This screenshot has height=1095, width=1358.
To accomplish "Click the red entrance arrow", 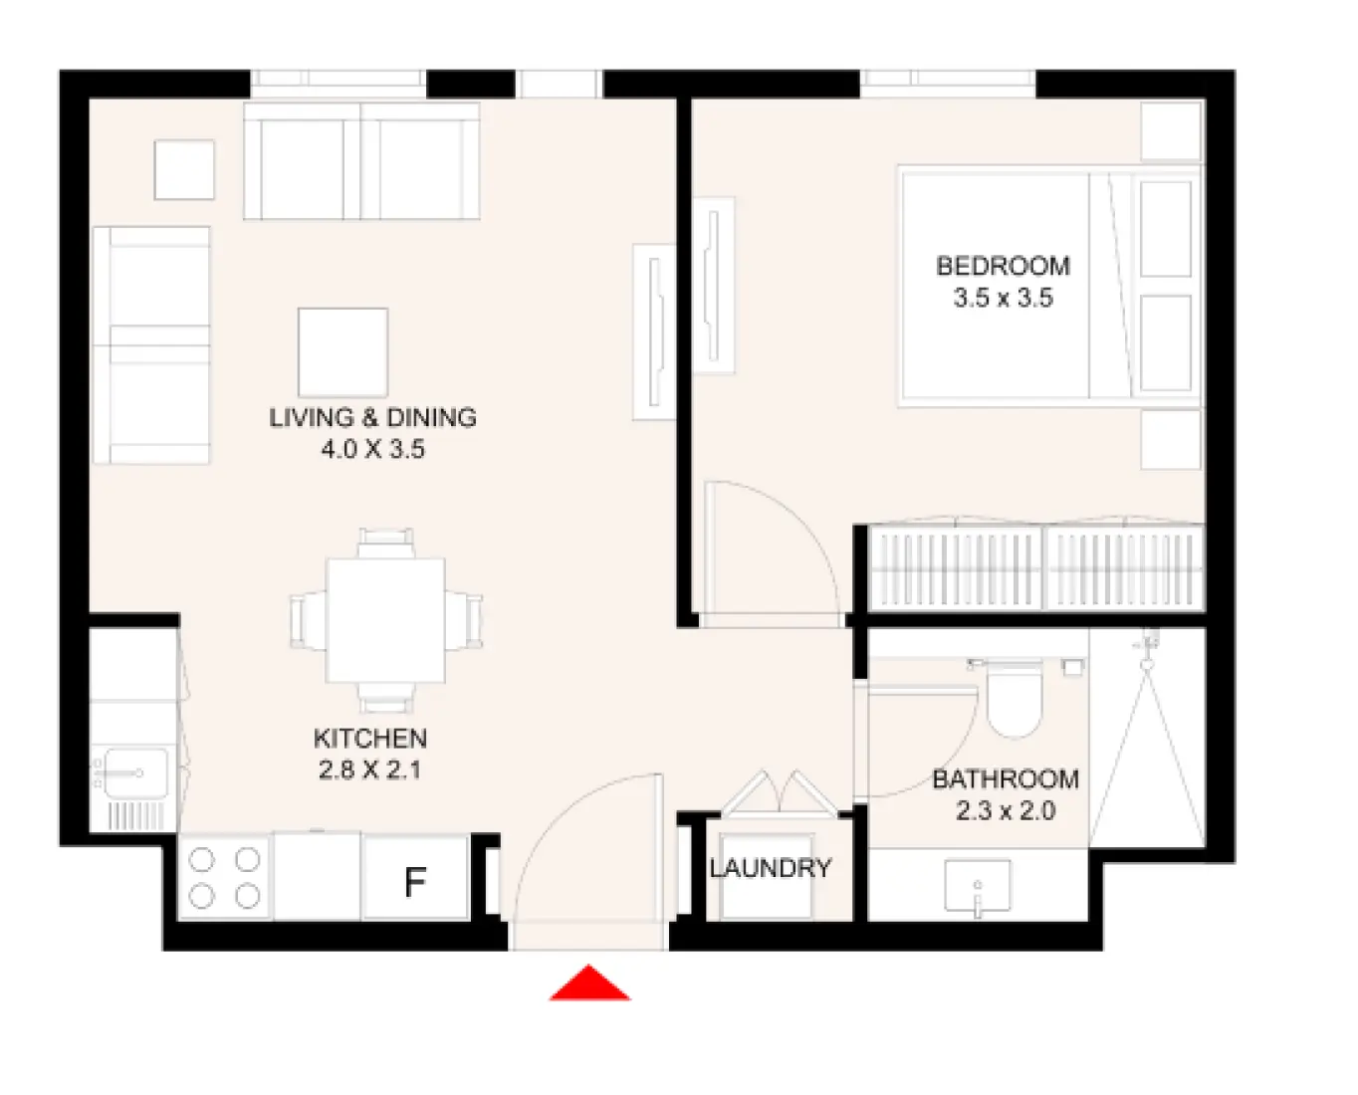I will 589,985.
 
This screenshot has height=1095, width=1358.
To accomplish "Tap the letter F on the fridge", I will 415,881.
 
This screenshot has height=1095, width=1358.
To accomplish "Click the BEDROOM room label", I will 1003,266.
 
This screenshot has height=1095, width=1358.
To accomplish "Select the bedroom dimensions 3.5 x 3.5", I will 1003,298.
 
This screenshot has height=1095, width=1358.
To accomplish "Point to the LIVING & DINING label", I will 372,417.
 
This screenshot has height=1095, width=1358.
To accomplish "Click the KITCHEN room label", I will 370,739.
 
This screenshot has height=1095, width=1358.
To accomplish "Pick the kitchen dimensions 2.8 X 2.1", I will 370,769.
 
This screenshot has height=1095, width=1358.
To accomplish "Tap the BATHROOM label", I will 1006,778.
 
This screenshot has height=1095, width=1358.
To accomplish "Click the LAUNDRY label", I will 771,868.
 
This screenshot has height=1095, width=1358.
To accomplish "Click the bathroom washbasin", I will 977,885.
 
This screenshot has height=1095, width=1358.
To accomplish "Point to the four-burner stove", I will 225,877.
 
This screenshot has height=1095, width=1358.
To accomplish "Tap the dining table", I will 385,620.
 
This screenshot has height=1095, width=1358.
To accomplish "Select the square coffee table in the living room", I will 342,352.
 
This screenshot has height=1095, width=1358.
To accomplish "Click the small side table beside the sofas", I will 184,169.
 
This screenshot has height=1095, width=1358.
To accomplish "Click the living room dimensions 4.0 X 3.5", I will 372,449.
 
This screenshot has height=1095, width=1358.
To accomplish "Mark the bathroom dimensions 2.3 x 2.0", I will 1006,810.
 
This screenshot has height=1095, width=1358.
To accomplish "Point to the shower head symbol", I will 1148,645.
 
